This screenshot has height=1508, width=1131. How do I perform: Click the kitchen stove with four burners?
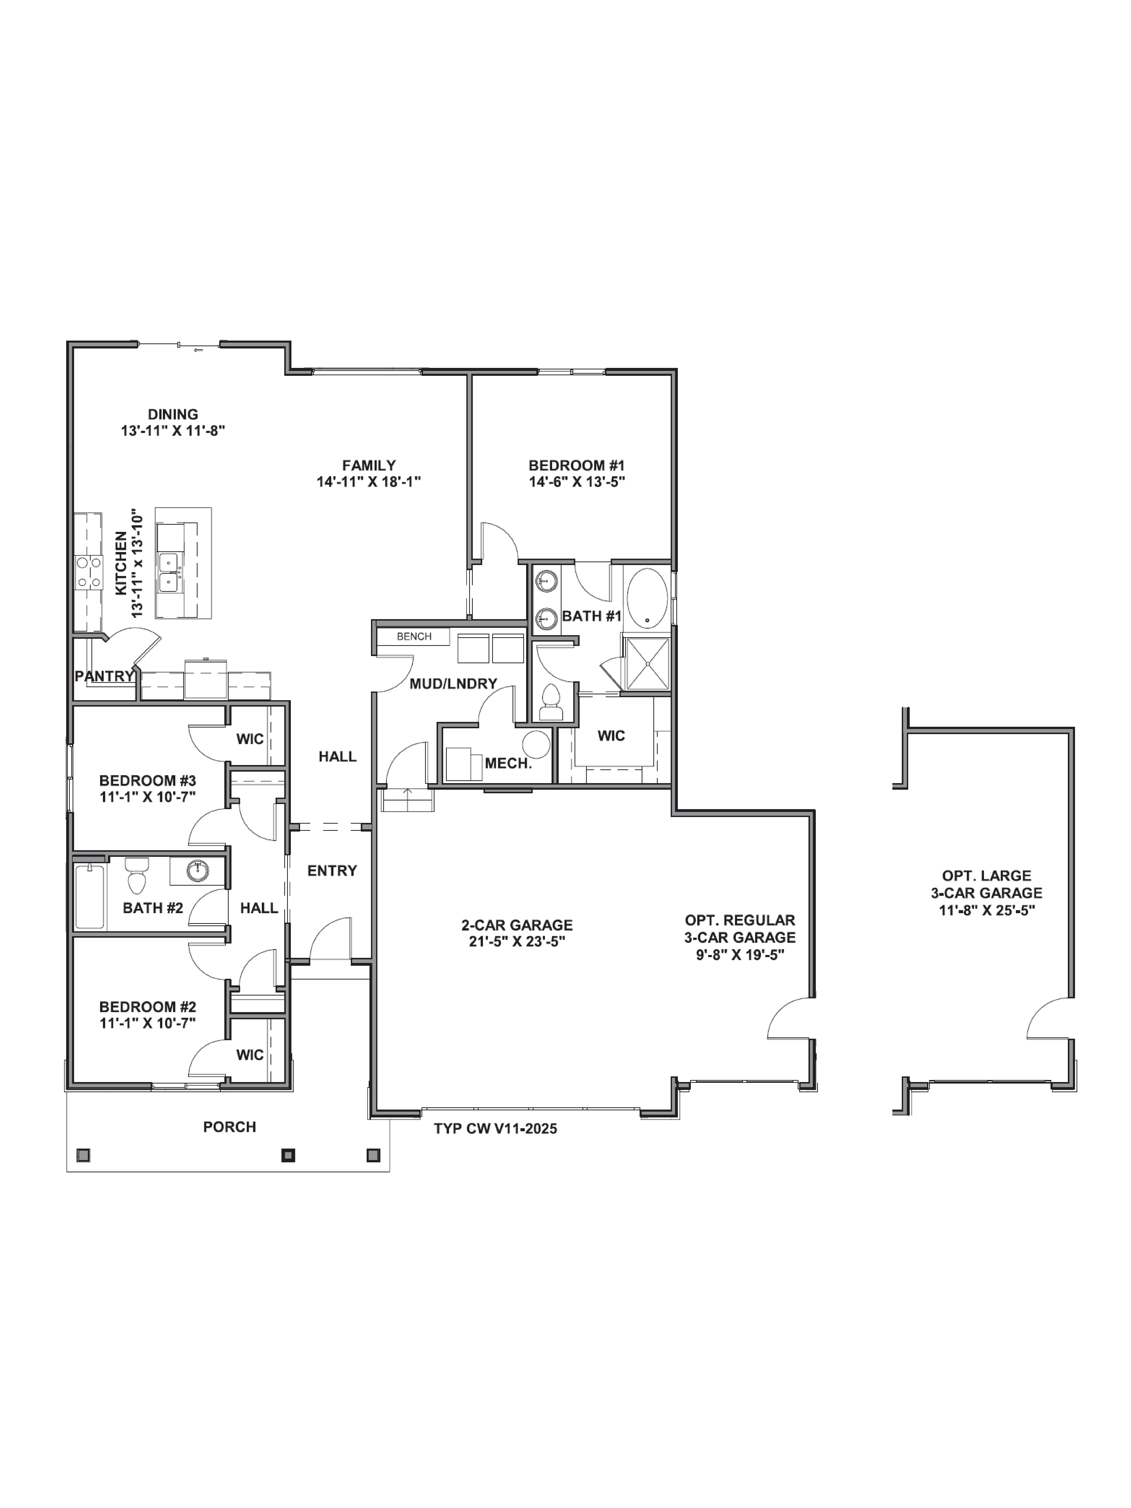pos(89,573)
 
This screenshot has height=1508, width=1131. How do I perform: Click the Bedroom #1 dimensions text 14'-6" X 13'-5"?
pos(577,482)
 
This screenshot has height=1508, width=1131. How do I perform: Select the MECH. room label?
pos(508,764)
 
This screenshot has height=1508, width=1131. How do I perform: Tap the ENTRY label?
pos(332,871)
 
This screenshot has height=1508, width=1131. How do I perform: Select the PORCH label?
pos(230,1127)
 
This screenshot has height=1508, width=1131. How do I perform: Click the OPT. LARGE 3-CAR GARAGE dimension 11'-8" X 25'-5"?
pos(986,910)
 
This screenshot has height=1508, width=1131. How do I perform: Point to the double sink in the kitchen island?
pos(168,573)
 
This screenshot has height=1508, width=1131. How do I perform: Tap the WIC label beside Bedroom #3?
pos(250,739)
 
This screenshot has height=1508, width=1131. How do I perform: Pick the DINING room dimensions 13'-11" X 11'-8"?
pos(173,431)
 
